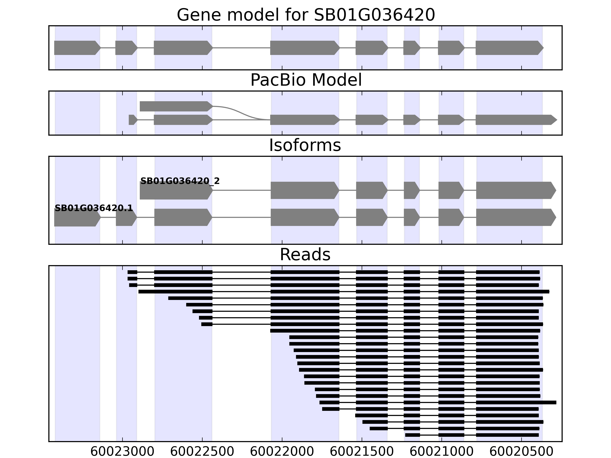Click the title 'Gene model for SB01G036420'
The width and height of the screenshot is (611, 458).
pyautogui.click(x=305, y=15)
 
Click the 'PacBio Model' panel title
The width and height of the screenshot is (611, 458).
pyautogui.click(x=305, y=80)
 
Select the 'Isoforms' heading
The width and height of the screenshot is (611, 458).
pyautogui.click(x=305, y=145)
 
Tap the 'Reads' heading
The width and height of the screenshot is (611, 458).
pyautogui.click(x=305, y=255)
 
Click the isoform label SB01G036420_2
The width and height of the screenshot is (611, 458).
pyautogui.click(x=180, y=181)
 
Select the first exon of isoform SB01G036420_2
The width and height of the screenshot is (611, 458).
pyautogui.click(x=176, y=190)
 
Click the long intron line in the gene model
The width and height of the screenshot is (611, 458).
pyautogui.click(x=241, y=48)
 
